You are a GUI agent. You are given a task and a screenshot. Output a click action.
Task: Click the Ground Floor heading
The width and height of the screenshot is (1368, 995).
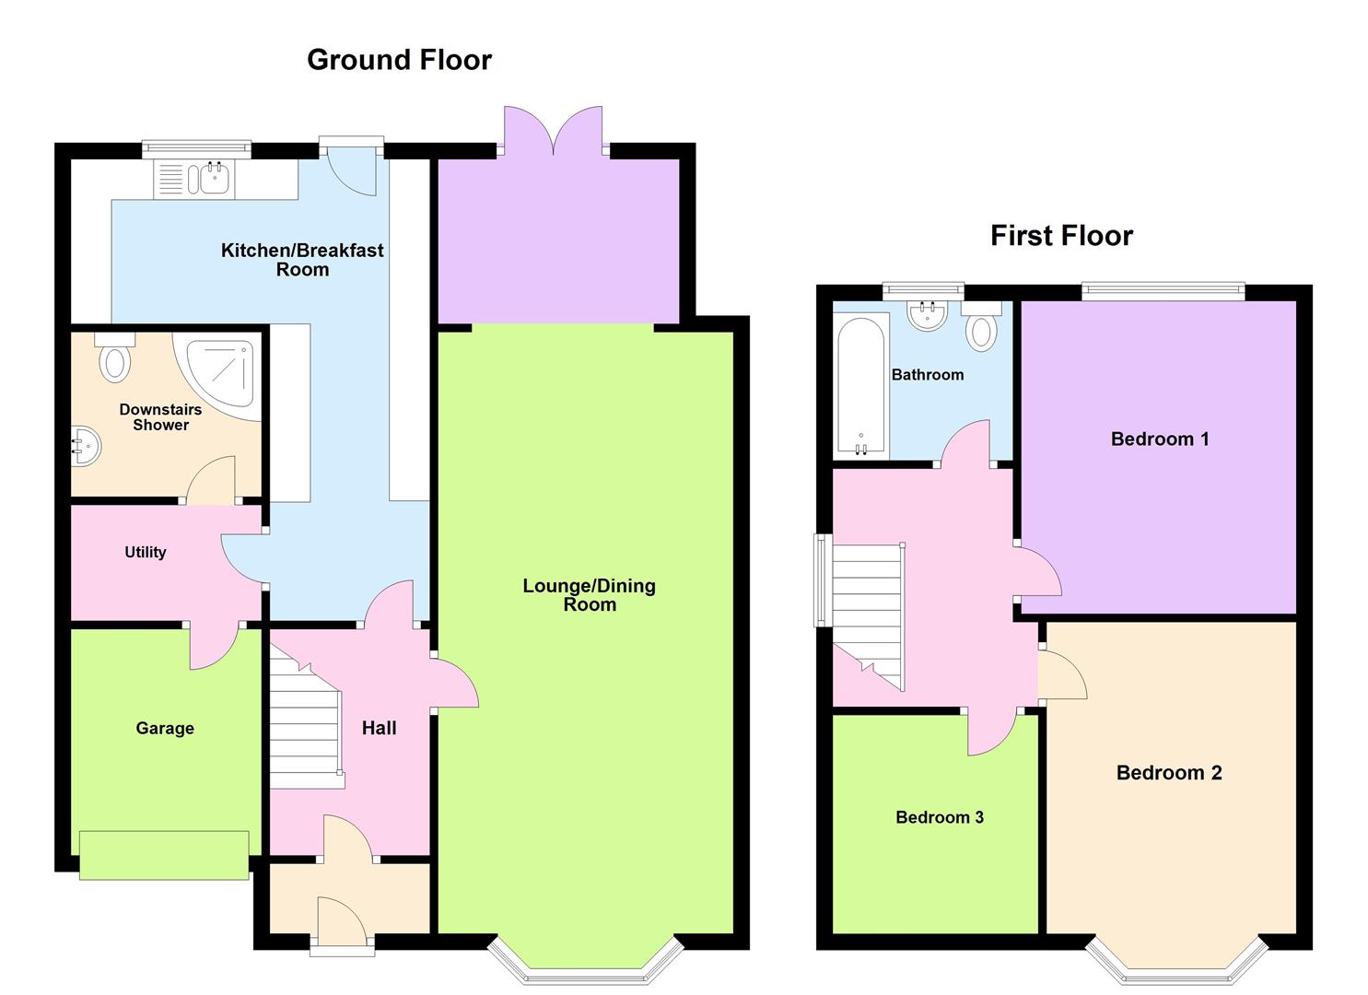click(399, 60)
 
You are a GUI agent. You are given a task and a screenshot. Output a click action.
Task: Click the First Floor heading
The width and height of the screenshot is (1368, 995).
click(1060, 236)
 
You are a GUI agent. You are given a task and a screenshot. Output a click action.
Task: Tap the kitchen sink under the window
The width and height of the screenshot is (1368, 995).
click(208, 179)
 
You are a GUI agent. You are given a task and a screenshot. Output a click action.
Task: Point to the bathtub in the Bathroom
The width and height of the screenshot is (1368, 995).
click(860, 386)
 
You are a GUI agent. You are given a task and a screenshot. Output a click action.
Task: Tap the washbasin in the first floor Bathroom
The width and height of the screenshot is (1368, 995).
click(928, 316)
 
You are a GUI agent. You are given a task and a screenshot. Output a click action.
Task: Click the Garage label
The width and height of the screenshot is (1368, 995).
click(165, 729)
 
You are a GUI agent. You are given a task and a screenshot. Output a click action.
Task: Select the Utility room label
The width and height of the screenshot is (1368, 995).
click(146, 553)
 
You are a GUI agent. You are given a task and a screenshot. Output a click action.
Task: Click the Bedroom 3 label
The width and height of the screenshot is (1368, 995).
click(940, 817)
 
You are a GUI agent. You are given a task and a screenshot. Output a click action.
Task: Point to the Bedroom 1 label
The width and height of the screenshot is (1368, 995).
click(1159, 439)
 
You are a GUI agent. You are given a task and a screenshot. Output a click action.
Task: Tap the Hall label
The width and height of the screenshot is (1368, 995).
click(379, 729)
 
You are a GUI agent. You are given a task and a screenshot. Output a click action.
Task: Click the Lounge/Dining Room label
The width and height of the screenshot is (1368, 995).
click(589, 595)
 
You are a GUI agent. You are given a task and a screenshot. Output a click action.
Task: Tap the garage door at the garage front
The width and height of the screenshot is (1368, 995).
click(164, 855)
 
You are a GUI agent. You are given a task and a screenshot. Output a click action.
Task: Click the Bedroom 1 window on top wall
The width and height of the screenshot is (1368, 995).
click(1163, 291)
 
